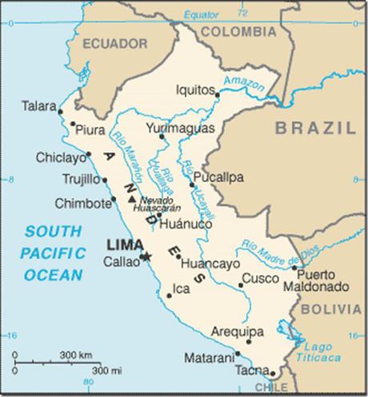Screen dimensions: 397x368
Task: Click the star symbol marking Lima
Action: point(146,256)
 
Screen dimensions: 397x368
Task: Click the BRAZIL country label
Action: point(314,128)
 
